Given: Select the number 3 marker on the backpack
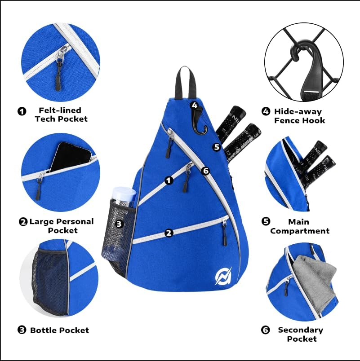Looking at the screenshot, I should pos(119,223).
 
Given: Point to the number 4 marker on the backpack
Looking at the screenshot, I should pos(194,105).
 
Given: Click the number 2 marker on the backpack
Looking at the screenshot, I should pos(169,233).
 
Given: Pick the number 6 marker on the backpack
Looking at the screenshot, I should pos(206,171).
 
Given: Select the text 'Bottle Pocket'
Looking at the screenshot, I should pos(59,330).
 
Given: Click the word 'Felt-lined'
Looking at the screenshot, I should pos(59,110).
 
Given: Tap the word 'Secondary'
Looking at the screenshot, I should pos(300,330).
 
